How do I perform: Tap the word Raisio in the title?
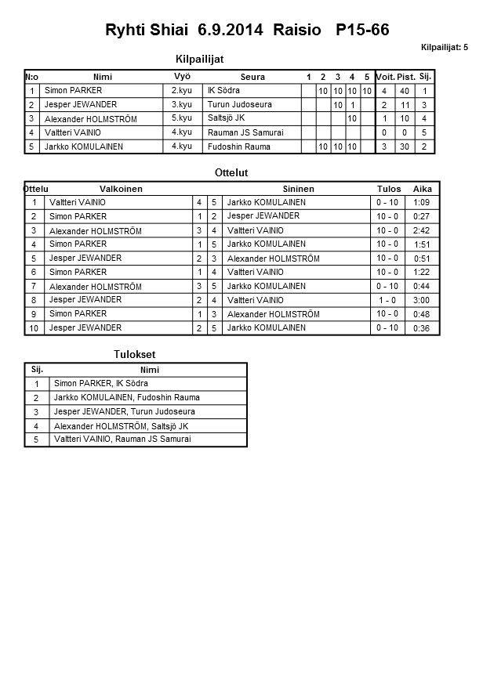click(297, 31)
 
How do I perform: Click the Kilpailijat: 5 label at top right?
click(444, 48)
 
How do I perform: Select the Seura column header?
click(252, 77)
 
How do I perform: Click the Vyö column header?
click(182, 76)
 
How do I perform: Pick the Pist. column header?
click(405, 77)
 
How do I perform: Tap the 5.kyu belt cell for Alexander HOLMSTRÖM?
click(181, 118)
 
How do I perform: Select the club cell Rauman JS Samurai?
click(245, 132)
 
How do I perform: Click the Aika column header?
click(423, 189)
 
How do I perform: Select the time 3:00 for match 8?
click(421, 300)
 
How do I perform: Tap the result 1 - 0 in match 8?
click(387, 300)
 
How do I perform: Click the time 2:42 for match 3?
click(421, 230)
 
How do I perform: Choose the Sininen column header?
click(298, 189)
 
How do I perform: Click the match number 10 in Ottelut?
click(34, 328)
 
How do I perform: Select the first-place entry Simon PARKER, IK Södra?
click(100, 384)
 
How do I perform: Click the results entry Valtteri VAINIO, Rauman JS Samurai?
click(122, 439)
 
